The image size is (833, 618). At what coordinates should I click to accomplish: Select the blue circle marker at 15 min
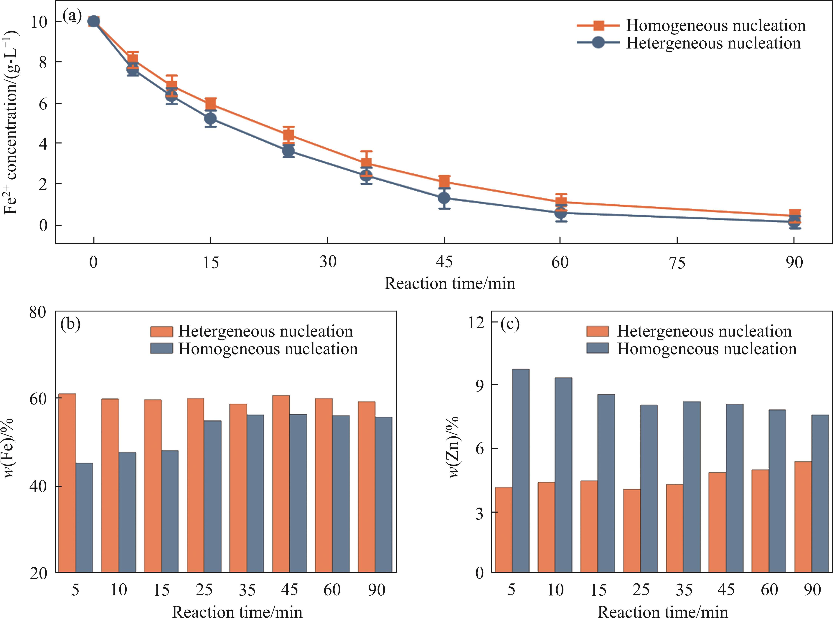click(210, 119)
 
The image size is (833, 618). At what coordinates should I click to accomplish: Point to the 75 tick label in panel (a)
click(677, 263)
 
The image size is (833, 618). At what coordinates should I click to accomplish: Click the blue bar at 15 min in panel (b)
click(170, 511)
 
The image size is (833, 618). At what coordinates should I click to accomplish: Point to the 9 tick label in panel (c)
click(480, 385)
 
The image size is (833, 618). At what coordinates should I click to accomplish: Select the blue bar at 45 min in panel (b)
click(298, 493)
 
